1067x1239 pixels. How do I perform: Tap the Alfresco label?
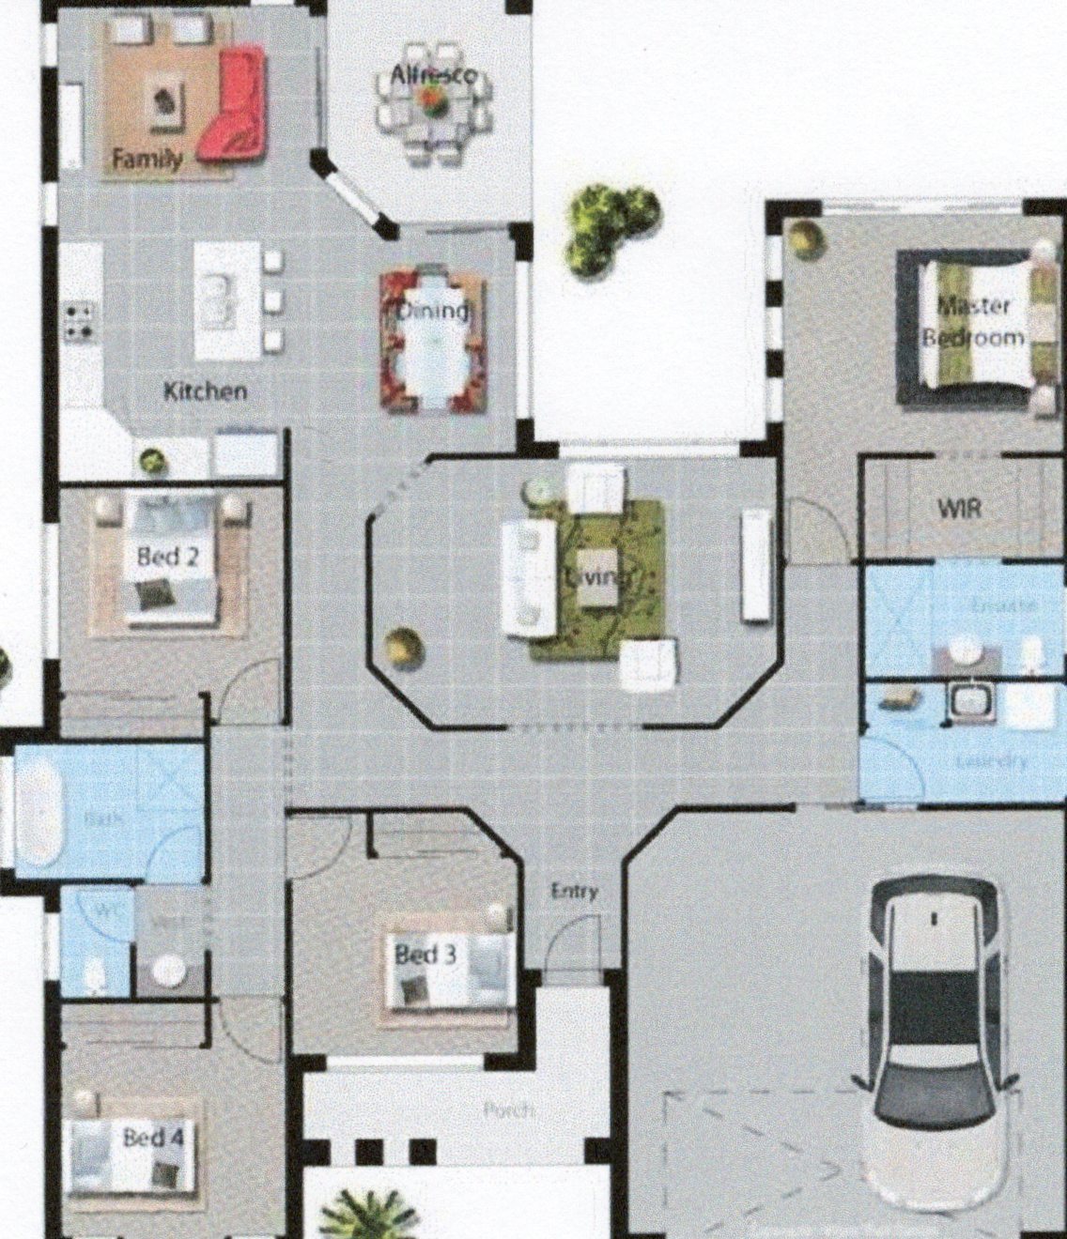click(x=433, y=76)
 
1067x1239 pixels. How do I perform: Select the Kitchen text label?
click(x=205, y=391)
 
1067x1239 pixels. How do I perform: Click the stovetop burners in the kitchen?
click(x=78, y=320)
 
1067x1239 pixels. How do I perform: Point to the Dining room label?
click(x=433, y=311)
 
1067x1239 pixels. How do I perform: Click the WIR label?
click(x=959, y=509)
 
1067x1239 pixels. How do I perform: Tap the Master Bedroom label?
click(x=974, y=321)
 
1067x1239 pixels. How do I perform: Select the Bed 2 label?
click(x=167, y=557)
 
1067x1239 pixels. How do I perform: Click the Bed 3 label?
click(x=425, y=956)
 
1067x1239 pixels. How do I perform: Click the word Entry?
click(x=574, y=891)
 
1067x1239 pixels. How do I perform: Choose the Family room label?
click(x=147, y=159)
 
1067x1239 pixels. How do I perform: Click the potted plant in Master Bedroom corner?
click(x=804, y=238)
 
